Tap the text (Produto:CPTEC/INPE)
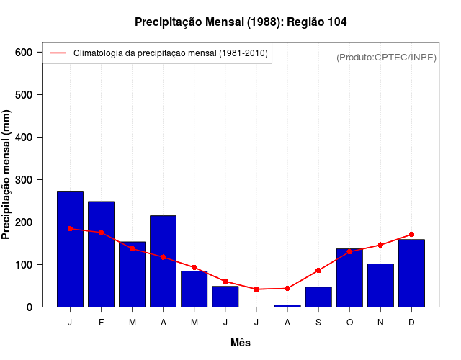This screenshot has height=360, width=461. [x=386, y=57]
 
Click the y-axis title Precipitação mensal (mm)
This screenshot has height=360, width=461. [x=6, y=175]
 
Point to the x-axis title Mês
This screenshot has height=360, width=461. [x=241, y=343]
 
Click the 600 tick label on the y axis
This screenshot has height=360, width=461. [x=24, y=53]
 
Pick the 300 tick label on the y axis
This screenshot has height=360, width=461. [x=24, y=179]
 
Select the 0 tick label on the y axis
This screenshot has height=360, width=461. [x=30, y=307]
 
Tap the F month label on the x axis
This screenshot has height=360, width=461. [x=102, y=323]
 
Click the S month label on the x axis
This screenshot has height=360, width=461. [x=318, y=323]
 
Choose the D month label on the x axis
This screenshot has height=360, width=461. [x=411, y=323]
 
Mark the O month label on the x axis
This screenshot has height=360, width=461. [x=349, y=323]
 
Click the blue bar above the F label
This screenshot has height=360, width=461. [x=102, y=254]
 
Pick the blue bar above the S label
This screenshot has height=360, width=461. [x=318, y=297]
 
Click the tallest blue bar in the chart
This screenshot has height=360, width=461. [x=71, y=249]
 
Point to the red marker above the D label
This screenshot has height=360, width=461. [x=411, y=234]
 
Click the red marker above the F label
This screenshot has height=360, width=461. [x=102, y=233]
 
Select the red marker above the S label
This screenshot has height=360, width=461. [x=318, y=271]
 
